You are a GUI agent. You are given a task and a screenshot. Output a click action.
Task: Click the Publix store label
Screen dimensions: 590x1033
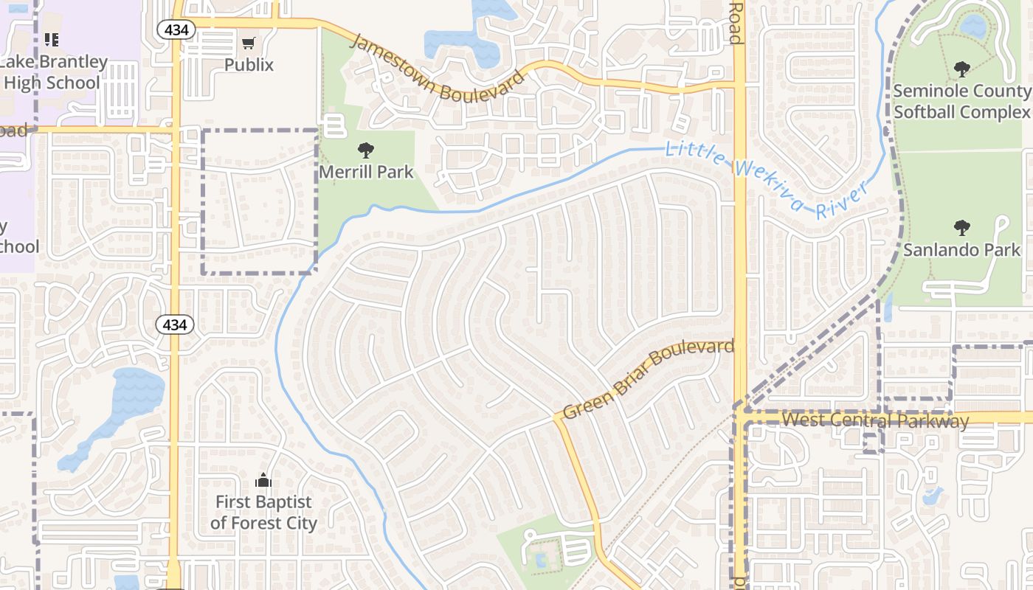[249, 65]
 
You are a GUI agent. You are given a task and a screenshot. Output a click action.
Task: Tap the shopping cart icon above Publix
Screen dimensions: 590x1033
[249, 44]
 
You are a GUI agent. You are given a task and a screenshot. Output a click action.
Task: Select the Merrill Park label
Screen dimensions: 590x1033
[366, 172]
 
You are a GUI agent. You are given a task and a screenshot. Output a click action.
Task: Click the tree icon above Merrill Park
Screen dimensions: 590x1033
[366, 150]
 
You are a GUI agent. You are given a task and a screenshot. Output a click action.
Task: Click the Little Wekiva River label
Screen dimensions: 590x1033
[764, 181]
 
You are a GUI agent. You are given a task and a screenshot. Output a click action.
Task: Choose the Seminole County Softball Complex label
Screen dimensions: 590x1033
[961, 102]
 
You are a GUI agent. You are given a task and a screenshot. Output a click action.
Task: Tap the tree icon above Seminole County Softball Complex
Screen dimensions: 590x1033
[961, 69]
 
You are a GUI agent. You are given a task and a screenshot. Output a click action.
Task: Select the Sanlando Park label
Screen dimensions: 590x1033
[961, 249]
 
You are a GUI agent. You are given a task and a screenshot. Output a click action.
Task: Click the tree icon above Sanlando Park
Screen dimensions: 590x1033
[961, 227]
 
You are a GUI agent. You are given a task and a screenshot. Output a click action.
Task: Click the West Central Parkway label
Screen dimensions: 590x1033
[874, 420]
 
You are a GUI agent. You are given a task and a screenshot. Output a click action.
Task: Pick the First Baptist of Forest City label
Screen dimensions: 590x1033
[263, 513]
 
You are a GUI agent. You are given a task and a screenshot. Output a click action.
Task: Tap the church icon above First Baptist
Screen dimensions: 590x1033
[263, 481]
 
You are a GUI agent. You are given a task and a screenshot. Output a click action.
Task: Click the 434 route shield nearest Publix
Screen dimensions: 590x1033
[176, 29]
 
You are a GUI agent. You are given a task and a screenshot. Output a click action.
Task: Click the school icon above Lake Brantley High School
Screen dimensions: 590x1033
[51, 39]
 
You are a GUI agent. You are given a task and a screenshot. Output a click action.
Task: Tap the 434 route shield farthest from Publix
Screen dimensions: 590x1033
[175, 324]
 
